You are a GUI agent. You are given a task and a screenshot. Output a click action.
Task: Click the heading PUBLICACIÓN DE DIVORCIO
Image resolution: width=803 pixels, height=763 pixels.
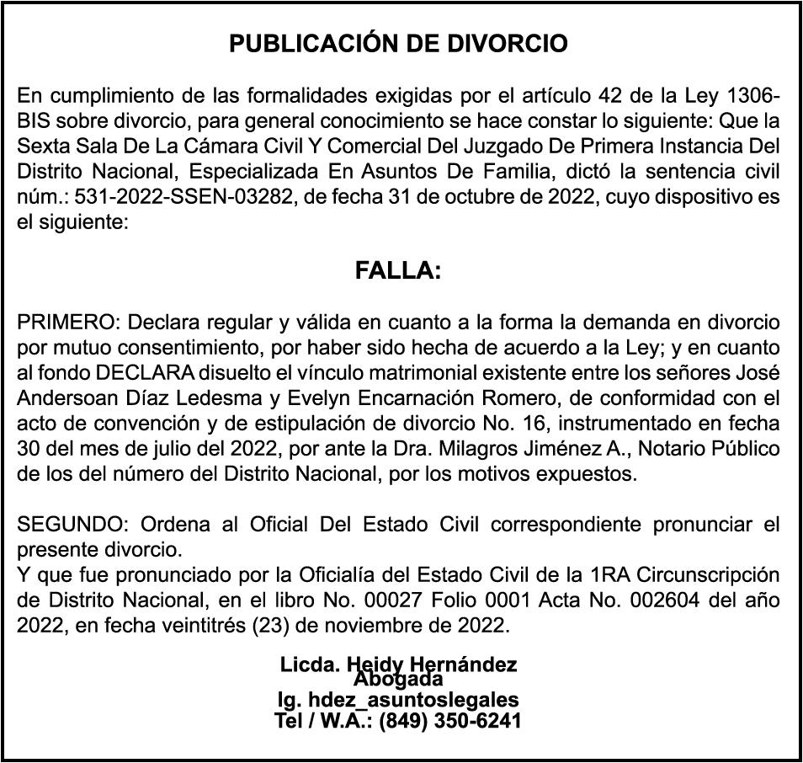[x=399, y=45]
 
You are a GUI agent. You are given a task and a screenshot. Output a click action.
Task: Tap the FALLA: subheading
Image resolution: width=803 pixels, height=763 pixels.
[x=398, y=271]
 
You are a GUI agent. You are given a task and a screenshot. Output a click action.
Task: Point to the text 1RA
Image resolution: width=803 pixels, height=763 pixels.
[x=610, y=576]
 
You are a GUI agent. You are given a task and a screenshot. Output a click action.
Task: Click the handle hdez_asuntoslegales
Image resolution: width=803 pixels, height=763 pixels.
[x=413, y=700]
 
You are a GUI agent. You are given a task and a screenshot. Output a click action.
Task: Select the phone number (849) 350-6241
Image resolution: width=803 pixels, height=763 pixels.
[x=450, y=721]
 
